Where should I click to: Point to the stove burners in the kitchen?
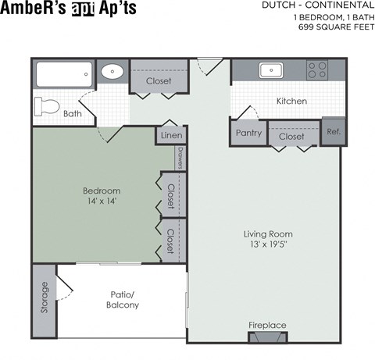pyautogui.click(x=317, y=70)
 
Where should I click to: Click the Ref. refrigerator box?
pyautogui.click(x=334, y=131)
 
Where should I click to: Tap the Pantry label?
pyautogui.click(x=248, y=133)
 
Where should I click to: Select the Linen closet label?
pyautogui.click(x=171, y=135)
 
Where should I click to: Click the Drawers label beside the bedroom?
pyautogui.click(x=180, y=158)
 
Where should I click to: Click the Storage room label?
pyautogui.click(x=45, y=297)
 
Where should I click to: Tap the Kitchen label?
pyautogui.click(x=291, y=102)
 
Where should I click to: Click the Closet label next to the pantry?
pyautogui.click(x=291, y=137)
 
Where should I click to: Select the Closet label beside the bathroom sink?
pyautogui.click(x=159, y=81)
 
